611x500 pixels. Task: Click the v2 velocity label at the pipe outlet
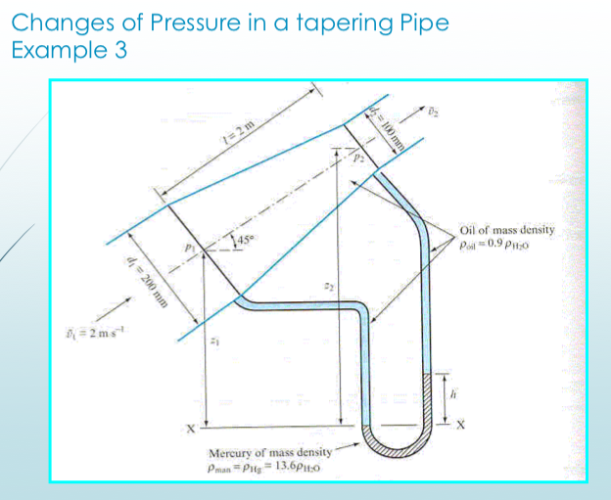437,110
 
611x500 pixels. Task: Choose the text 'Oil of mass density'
506,231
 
